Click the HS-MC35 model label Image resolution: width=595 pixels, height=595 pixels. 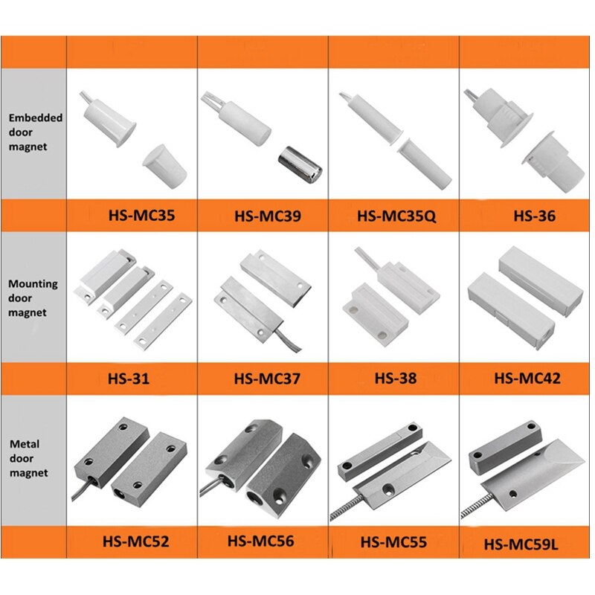tap(141, 215)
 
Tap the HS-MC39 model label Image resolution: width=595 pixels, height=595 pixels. tap(268, 216)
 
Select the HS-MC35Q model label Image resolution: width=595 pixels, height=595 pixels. tap(396, 216)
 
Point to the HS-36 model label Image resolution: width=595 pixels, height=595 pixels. tap(534, 216)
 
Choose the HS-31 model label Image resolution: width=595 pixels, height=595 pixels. tap(129, 379)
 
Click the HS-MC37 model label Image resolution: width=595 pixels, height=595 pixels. tap(267, 379)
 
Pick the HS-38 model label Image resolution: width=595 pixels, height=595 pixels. tap(396, 378)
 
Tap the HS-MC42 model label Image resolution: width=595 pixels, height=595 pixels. tap(527, 378)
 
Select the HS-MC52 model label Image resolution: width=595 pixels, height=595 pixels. tap(135, 541)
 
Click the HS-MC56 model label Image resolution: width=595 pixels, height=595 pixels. tap(260, 541)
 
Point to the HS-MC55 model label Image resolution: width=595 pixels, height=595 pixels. tap(393, 541)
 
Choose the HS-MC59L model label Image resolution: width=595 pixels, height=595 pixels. tap(521, 544)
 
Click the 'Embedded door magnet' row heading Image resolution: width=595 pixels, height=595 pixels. tap(35, 132)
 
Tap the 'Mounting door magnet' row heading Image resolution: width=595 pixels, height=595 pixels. tap(33, 298)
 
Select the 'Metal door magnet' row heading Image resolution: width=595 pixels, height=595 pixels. tap(29, 458)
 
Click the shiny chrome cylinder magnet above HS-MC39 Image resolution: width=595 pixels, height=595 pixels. tap(300, 163)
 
